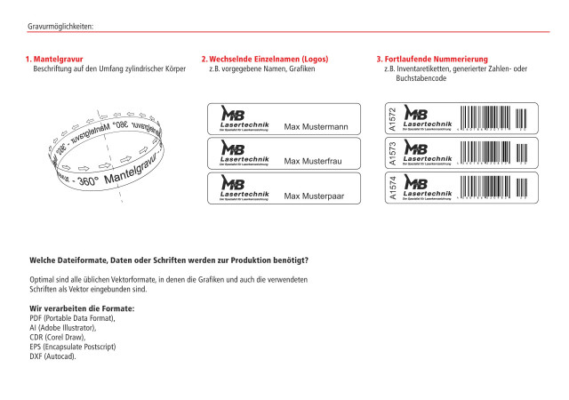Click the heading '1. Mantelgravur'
(x=53, y=60)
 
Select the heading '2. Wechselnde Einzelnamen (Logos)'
(x=259, y=60)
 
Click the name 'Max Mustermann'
(x=315, y=127)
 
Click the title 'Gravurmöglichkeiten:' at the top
(x=60, y=27)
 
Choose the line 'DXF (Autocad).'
(x=52, y=356)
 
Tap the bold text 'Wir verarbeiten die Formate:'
(x=82, y=308)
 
